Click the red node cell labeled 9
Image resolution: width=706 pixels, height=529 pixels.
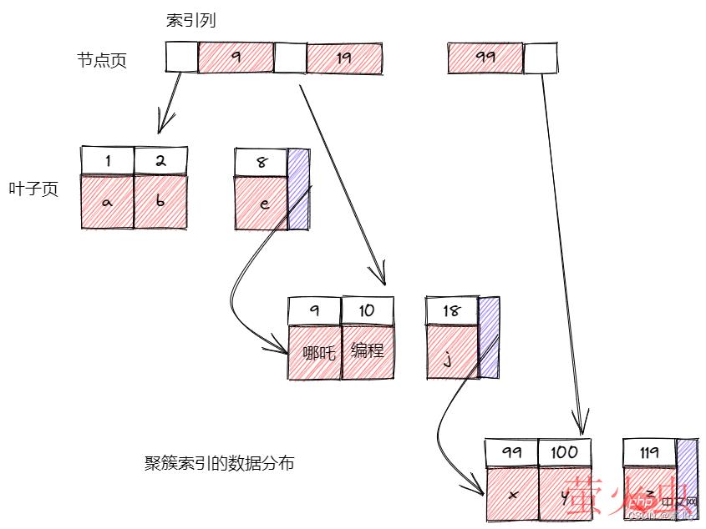click(236, 58)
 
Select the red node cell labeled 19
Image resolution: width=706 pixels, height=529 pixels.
click(344, 58)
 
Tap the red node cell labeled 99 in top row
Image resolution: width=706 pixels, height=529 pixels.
click(485, 58)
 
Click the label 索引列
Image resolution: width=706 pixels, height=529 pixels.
click(191, 21)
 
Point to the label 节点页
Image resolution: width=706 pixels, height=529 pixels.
click(101, 60)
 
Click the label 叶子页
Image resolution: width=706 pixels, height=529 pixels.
click(33, 189)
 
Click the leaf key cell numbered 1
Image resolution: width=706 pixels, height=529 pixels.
click(108, 161)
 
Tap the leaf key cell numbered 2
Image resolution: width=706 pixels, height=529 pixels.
click(160, 161)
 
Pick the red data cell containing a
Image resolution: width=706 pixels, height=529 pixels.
click(108, 201)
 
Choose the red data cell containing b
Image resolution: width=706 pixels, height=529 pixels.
click(160, 201)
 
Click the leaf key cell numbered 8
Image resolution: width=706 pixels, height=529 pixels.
click(262, 163)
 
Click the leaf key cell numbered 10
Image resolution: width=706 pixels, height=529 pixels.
click(367, 311)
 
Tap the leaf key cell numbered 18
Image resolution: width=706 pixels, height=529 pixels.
click(451, 311)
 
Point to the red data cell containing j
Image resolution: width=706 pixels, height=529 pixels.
click(451, 353)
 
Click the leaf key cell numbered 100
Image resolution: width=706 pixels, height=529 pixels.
click(565, 452)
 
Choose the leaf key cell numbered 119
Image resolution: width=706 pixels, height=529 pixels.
click(649, 452)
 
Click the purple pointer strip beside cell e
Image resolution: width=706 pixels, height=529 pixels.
click(298, 189)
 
